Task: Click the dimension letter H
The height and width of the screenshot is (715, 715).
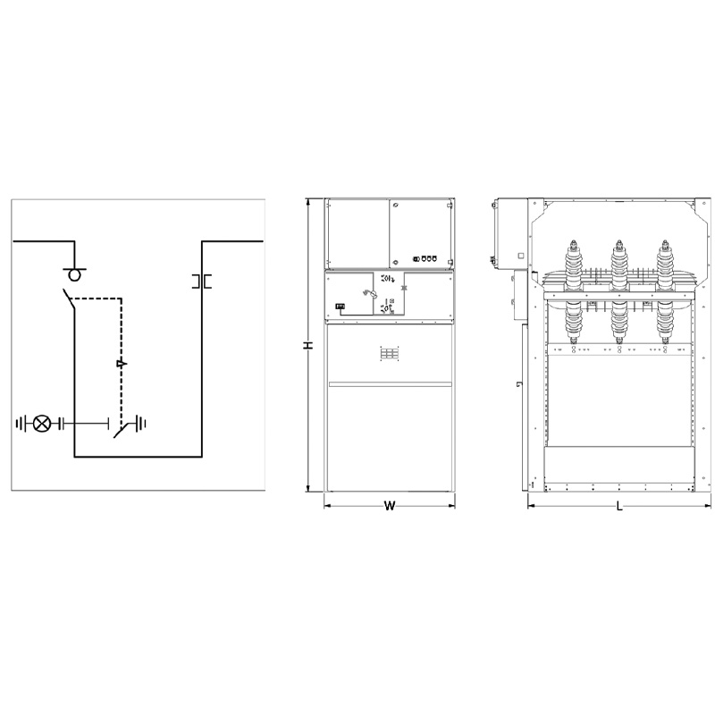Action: pyautogui.click(x=308, y=345)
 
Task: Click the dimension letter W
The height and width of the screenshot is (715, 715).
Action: pyautogui.click(x=390, y=506)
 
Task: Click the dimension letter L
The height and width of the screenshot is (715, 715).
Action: pyautogui.click(x=619, y=506)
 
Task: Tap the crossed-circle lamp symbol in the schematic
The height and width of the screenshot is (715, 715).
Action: pyautogui.click(x=42, y=424)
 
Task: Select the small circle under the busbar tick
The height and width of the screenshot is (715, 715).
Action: pyautogui.click(x=74, y=275)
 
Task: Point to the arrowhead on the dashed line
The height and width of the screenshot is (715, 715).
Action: pyautogui.click(x=122, y=364)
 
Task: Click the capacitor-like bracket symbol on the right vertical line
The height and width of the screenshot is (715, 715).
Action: pyautogui.click(x=202, y=282)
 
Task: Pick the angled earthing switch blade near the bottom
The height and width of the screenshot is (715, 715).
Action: pyautogui.click(x=122, y=431)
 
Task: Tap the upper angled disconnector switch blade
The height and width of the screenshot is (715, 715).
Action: pyautogui.click(x=69, y=299)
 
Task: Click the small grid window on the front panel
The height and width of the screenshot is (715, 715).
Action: pyautogui.click(x=390, y=354)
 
